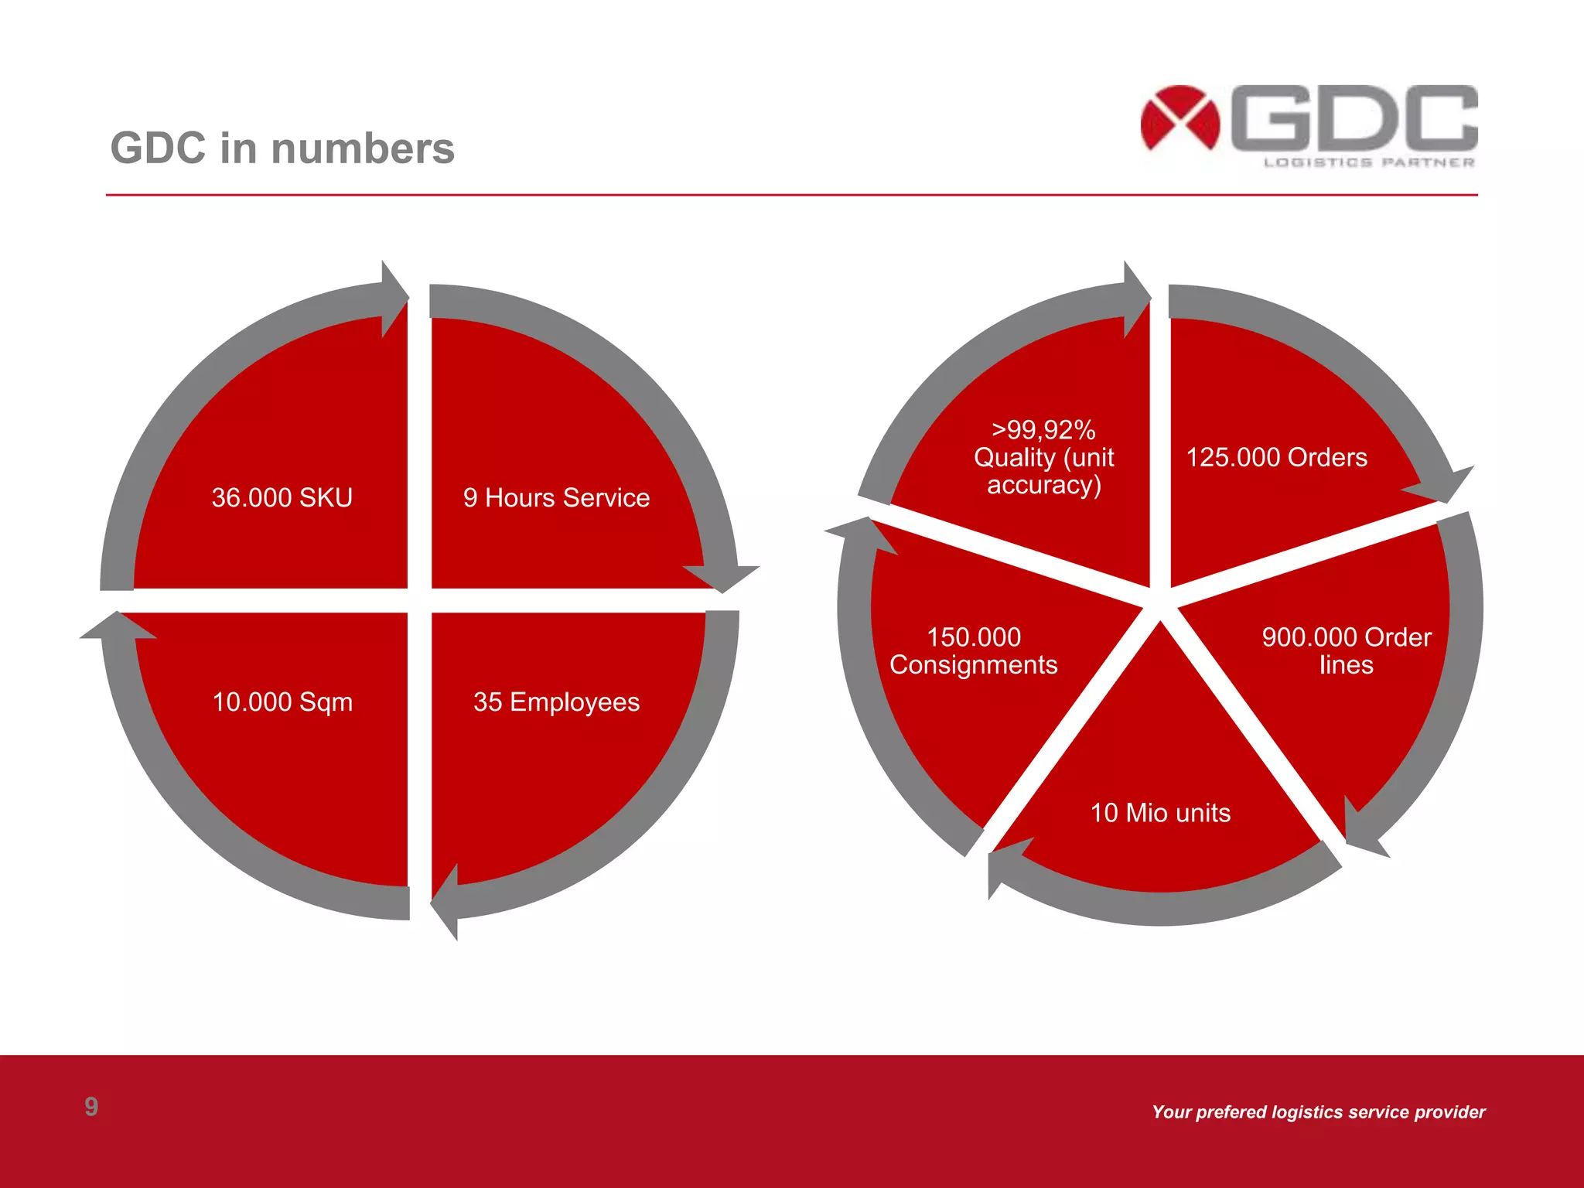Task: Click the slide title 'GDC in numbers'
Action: pyautogui.click(x=282, y=148)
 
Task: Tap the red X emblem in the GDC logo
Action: pyautogui.click(x=1179, y=118)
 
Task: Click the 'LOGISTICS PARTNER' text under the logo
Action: pyautogui.click(x=1369, y=162)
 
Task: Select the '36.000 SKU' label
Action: pyautogui.click(x=282, y=497)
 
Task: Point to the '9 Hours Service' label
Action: pyautogui.click(x=556, y=497)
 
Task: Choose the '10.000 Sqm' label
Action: pyautogui.click(x=282, y=702)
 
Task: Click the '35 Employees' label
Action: pyautogui.click(x=556, y=702)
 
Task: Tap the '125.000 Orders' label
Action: pyautogui.click(x=1276, y=457)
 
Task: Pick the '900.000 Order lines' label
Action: pyautogui.click(x=1347, y=650)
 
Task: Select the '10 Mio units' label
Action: pyautogui.click(x=1160, y=813)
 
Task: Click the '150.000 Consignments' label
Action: pyautogui.click(x=973, y=650)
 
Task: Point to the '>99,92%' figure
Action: pyautogui.click(x=1043, y=429)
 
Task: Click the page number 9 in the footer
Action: pyautogui.click(x=91, y=1107)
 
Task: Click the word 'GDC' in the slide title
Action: pyautogui.click(x=159, y=148)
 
